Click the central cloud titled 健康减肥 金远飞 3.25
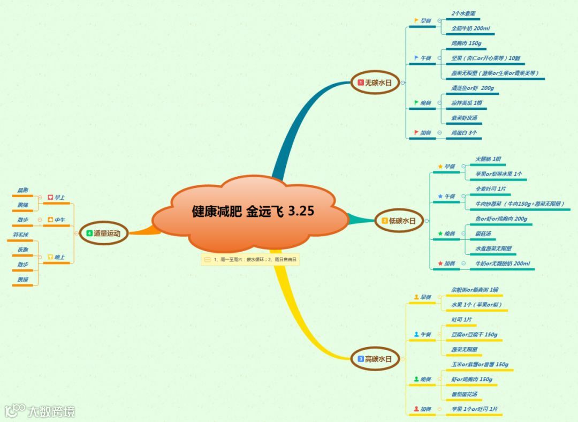click(253, 212)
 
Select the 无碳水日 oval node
click(374, 83)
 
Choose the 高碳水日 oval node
click(374, 359)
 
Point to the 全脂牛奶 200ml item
click(471, 28)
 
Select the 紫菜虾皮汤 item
click(464, 118)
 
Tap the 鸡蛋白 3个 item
click(464, 132)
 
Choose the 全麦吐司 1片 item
click(491, 189)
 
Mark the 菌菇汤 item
click(486, 234)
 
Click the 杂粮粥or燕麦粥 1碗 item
click(475, 290)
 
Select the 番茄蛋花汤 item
click(464, 395)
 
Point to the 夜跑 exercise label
click(22, 250)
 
